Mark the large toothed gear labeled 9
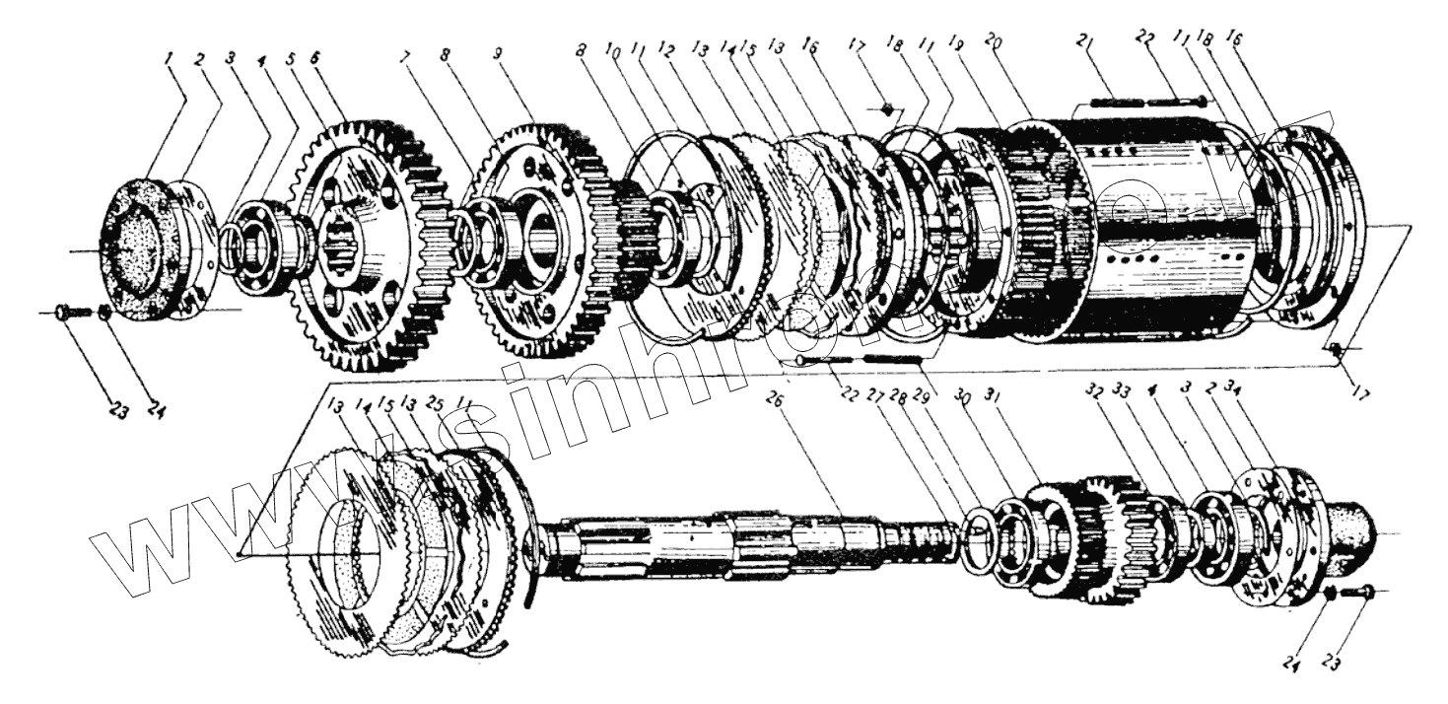click(x=537, y=237)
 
